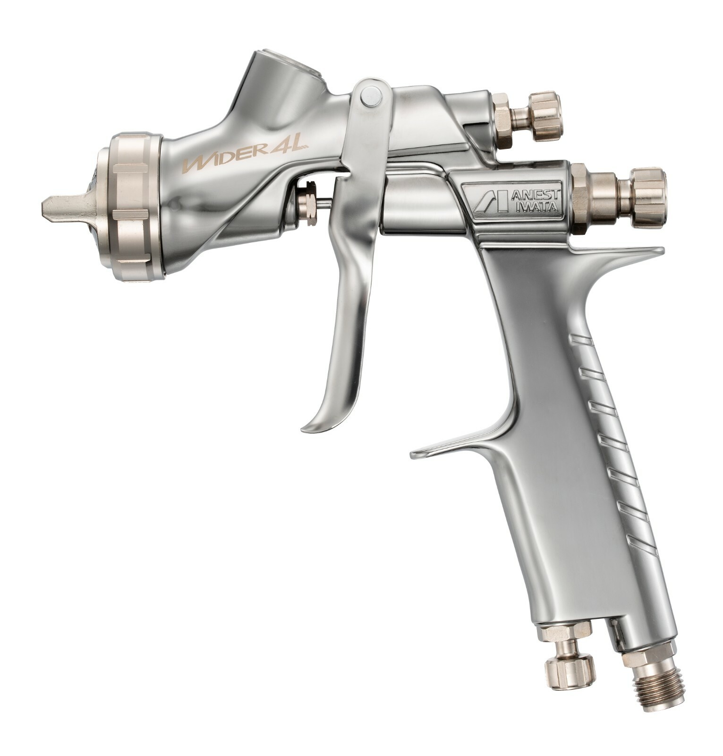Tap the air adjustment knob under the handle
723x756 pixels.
coord(569,671)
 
